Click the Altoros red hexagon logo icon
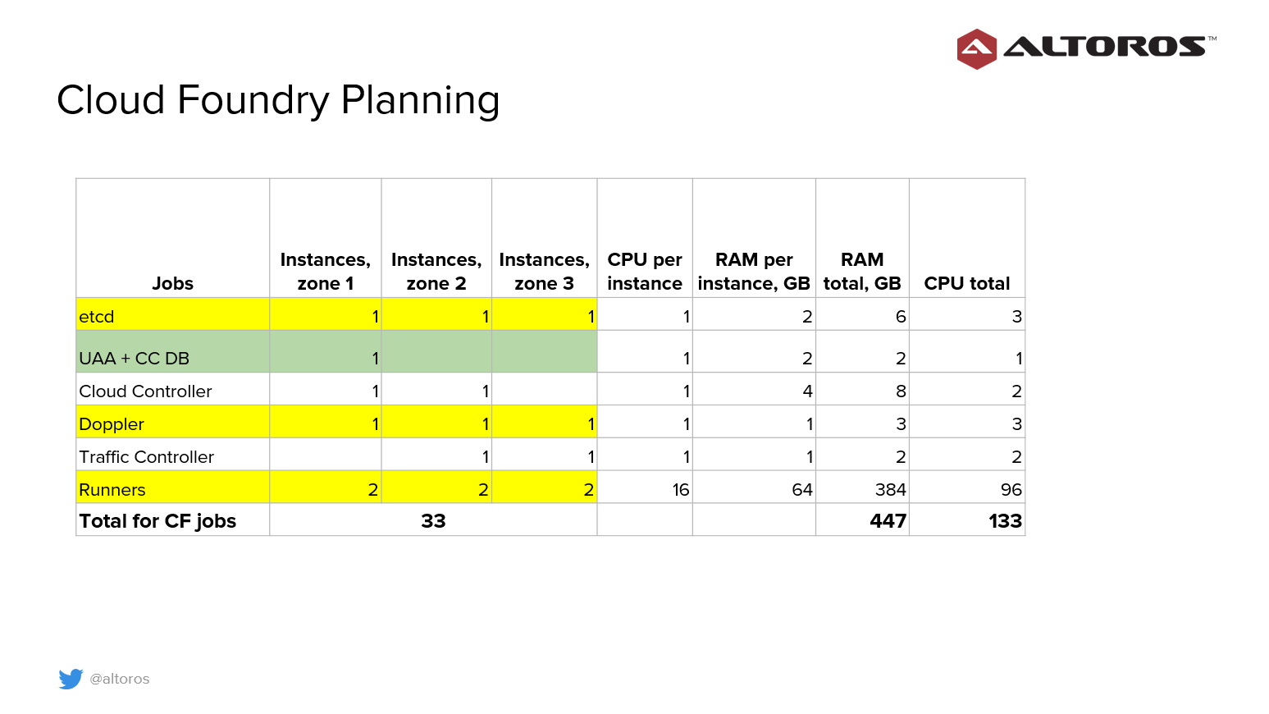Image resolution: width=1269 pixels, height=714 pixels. (977, 48)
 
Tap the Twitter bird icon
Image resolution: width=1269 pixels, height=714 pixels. (71, 678)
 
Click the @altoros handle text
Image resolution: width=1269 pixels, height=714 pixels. (120, 679)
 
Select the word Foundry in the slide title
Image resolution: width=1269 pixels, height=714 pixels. (253, 101)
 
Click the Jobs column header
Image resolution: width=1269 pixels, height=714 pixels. (172, 283)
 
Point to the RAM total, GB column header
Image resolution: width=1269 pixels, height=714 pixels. (861, 272)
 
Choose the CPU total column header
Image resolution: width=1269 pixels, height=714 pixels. (966, 283)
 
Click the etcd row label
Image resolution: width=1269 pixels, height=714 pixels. (96, 316)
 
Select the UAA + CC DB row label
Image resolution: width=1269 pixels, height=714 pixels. (134, 358)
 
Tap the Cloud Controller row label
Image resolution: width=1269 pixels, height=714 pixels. (145, 391)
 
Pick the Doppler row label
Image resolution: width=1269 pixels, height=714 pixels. (111, 423)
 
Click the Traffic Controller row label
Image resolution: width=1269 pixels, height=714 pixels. (146, 457)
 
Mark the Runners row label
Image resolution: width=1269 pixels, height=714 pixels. (112, 490)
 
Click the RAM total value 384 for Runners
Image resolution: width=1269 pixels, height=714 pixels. (890, 490)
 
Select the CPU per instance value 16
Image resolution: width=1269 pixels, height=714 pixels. (680, 490)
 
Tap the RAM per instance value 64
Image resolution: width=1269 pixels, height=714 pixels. (802, 490)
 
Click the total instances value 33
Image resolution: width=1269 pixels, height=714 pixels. (433, 521)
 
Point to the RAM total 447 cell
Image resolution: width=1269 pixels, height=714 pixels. (888, 521)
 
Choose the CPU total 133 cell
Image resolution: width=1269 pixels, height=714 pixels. (1005, 521)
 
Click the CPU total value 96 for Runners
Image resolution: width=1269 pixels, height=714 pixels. (1011, 490)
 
